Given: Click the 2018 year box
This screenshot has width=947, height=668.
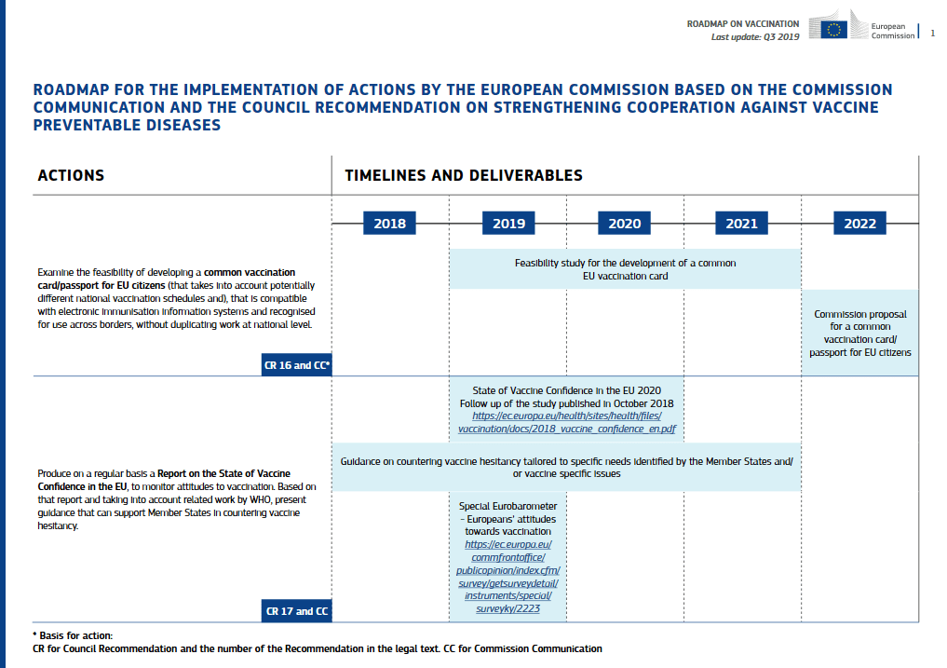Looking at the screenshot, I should click(x=389, y=224).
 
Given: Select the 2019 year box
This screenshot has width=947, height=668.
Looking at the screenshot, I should click(x=508, y=224).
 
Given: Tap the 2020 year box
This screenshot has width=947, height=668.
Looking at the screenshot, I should click(x=625, y=224).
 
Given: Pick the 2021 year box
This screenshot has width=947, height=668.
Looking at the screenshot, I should click(x=741, y=224).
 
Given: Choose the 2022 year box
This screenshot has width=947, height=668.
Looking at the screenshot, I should click(x=859, y=224).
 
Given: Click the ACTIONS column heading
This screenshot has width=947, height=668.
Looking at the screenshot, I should click(x=71, y=175).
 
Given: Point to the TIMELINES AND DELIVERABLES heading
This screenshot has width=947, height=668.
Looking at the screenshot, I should click(x=464, y=175).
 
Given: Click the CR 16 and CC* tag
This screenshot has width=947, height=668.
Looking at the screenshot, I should click(x=297, y=365).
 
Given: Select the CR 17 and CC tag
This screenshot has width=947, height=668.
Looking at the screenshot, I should click(x=297, y=611).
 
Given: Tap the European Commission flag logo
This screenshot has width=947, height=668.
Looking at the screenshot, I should click(x=833, y=26).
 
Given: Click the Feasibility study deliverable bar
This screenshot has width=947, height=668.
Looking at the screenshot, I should click(x=625, y=269).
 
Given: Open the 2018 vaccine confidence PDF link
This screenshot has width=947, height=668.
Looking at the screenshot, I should click(x=566, y=423).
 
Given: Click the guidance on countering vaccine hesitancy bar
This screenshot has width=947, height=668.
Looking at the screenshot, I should click(x=566, y=467).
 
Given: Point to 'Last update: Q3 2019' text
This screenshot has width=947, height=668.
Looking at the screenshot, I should click(x=755, y=37).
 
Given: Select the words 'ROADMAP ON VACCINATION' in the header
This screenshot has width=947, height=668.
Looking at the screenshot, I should click(x=742, y=23).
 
